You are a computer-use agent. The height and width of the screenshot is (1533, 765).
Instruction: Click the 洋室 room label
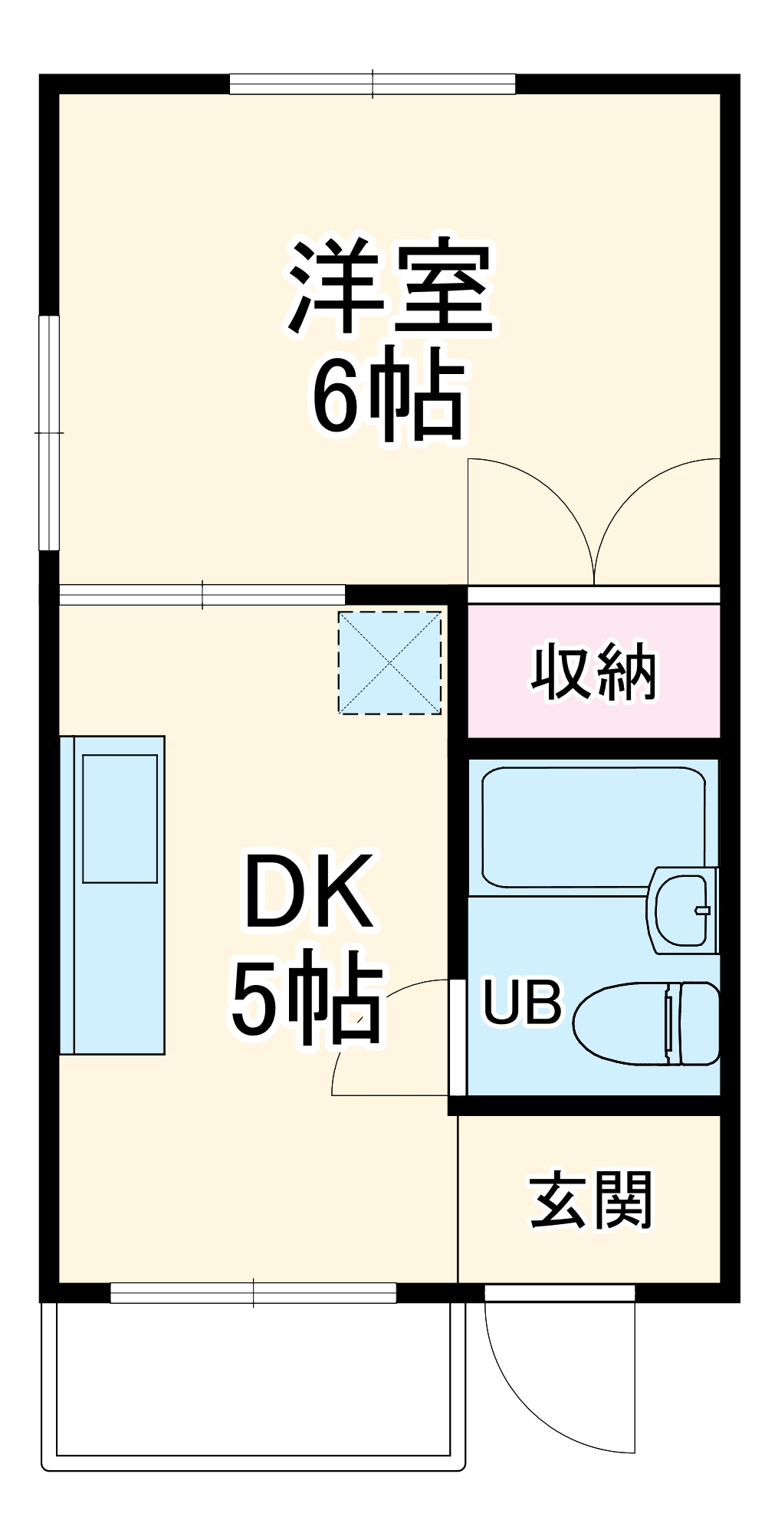click(x=391, y=287)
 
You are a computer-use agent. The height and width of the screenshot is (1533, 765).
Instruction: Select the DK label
click(x=308, y=891)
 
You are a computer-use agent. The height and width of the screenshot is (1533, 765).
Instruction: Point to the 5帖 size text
click(x=307, y=999)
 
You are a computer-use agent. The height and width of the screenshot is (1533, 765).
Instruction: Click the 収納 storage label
click(x=593, y=672)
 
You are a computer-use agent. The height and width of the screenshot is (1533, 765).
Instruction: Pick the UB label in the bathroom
click(x=522, y=1002)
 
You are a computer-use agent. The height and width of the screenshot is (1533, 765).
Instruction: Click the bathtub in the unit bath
click(x=593, y=826)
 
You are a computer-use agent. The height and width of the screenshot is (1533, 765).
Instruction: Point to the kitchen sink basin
click(x=120, y=818)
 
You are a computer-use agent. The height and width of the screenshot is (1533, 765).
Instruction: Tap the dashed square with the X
click(x=390, y=662)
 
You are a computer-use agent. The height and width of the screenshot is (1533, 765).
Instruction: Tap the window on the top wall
click(x=373, y=84)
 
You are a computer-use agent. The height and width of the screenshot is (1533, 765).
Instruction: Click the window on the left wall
click(x=49, y=432)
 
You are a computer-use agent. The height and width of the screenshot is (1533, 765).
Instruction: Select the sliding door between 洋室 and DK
click(x=202, y=594)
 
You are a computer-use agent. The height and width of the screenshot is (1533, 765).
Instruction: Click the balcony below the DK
click(x=253, y=1380)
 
